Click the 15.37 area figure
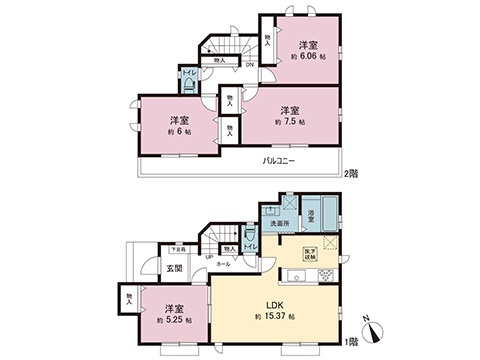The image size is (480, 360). tap(269, 317)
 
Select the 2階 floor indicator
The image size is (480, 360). tap(351, 175)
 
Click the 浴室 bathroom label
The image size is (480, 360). tap(312, 215)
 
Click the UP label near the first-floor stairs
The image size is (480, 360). tap(208, 257)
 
